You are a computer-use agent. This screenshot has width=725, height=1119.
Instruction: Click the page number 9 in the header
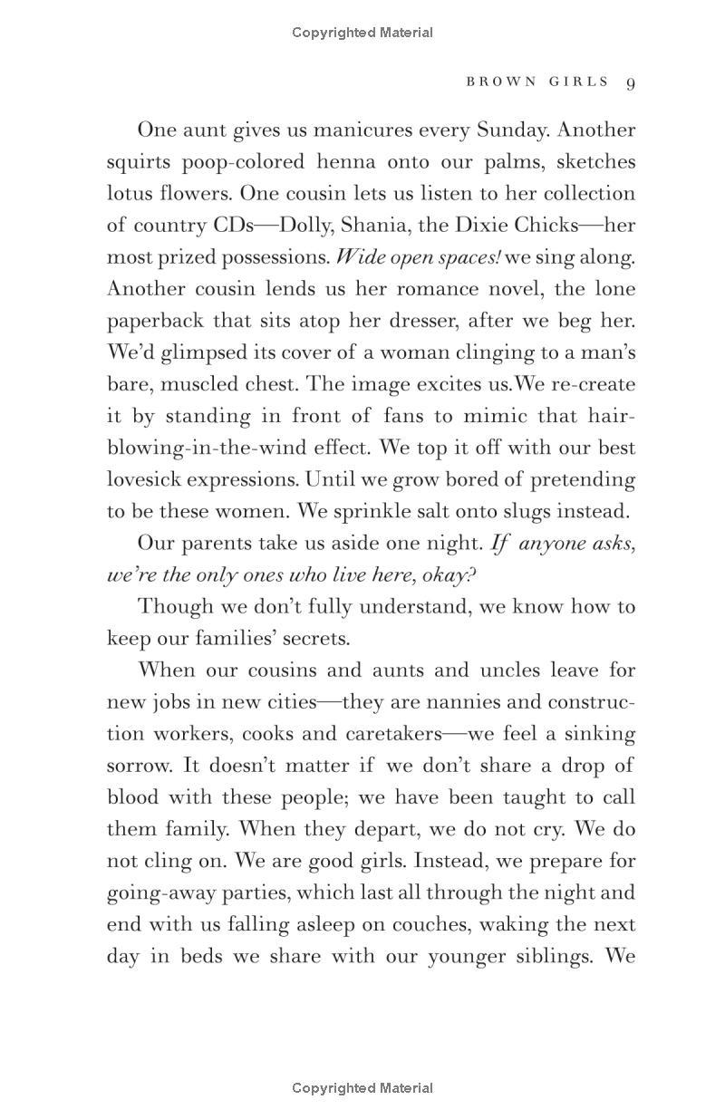pos(630,82)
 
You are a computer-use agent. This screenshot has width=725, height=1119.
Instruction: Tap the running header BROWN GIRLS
pos(537,82)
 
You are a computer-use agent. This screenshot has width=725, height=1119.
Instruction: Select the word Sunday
pos(598,130)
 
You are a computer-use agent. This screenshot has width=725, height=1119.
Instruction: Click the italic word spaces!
pos(468,257)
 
